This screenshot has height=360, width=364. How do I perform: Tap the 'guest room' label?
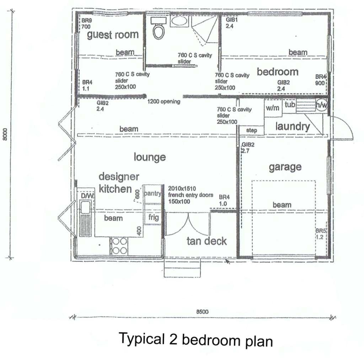113,34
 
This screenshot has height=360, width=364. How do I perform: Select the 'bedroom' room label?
278,72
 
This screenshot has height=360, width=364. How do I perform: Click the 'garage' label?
285,167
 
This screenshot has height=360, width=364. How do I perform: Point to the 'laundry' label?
293,127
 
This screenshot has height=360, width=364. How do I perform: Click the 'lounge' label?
150,157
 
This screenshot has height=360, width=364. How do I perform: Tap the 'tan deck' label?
207,241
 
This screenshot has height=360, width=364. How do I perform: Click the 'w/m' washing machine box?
273,108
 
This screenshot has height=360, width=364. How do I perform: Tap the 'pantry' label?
152,194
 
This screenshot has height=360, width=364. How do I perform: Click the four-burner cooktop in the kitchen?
120,246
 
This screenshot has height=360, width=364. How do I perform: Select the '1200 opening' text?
164,102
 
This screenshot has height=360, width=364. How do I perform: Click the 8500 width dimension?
202,312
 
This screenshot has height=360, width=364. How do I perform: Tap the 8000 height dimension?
5,134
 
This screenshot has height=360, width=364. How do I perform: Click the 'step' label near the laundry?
251,130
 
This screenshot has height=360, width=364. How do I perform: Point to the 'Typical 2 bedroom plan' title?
196,339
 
